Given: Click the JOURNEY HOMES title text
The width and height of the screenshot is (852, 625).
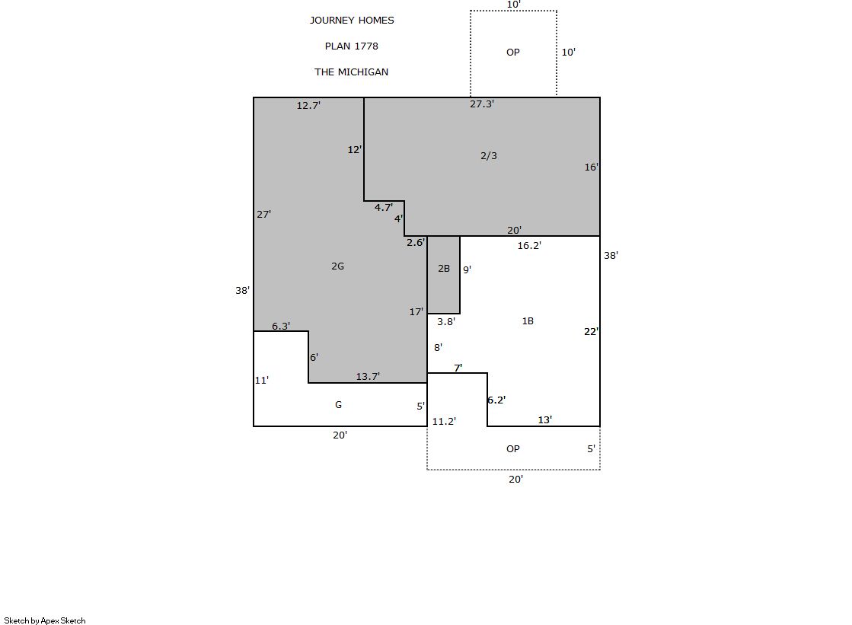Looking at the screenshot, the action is (352, 21).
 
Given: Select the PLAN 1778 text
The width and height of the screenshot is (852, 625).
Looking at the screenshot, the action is (352, 46).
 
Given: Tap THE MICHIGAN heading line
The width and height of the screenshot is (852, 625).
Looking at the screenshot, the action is (352, 72).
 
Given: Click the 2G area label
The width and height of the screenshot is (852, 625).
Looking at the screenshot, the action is (337, 266).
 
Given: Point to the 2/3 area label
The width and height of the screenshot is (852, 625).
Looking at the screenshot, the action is (489, 156).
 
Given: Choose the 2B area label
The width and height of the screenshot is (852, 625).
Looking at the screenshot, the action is (444, 269).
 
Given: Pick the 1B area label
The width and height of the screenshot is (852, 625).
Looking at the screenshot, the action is (528, 321).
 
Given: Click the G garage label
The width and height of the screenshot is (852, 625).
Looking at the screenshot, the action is (339, 405).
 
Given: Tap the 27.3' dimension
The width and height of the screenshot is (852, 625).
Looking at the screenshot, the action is (482, 104).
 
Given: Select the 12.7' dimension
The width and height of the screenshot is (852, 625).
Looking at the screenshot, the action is (308, 105).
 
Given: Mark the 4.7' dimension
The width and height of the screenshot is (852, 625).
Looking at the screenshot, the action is (384, 207).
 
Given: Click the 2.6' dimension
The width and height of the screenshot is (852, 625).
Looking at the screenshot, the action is (416, 242).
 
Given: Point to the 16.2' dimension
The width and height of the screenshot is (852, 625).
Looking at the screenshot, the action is (529, 246).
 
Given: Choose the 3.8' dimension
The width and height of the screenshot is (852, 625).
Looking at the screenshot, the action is (446, 322).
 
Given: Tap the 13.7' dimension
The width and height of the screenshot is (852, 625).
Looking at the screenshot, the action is (368, 377).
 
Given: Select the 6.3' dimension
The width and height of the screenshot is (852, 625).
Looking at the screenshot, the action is (281, 326).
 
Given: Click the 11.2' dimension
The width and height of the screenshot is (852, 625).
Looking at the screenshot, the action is (444, 422).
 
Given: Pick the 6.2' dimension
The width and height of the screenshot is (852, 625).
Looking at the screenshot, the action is (496, 400).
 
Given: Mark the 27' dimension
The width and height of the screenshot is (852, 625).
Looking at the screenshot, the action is (263, 215).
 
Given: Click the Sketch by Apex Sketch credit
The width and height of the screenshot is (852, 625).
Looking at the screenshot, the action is (45, 620).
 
